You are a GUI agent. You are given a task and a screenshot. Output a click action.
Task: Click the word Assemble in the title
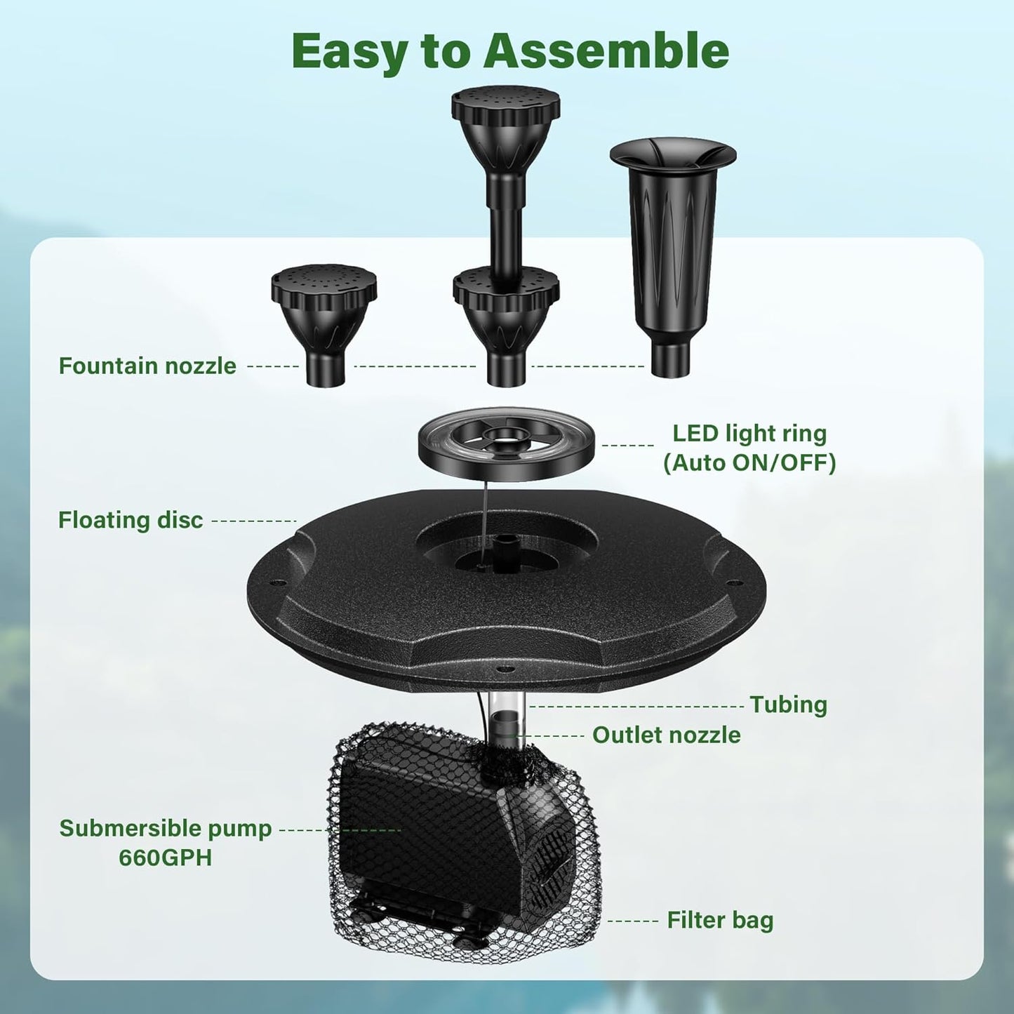pyautogui.click(x=606, y=51)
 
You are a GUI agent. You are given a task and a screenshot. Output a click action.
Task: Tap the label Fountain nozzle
pyautogui.click(x=147, y=366)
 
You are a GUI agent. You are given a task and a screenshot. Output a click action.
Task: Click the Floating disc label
pyautogui.click(x=131, y=520)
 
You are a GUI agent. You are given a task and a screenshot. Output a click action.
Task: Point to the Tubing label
pyautogui.click(x=788, y=705)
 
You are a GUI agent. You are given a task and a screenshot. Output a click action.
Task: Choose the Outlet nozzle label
pyautogui.click(x=666, y=735)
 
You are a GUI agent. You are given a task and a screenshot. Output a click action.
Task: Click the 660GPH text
pyautogui.click(x=165, y=858)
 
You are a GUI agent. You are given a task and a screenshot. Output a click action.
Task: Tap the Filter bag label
pyautogui.click(x=720, y=920)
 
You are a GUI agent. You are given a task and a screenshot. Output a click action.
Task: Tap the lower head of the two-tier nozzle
pyautogui.click(x=505, y=305)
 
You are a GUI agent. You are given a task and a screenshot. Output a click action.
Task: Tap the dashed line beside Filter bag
pyautogui.click(x=633, y=921)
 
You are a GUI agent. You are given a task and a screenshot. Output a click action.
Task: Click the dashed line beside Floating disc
pyautogui.click(x=254, y=521)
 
